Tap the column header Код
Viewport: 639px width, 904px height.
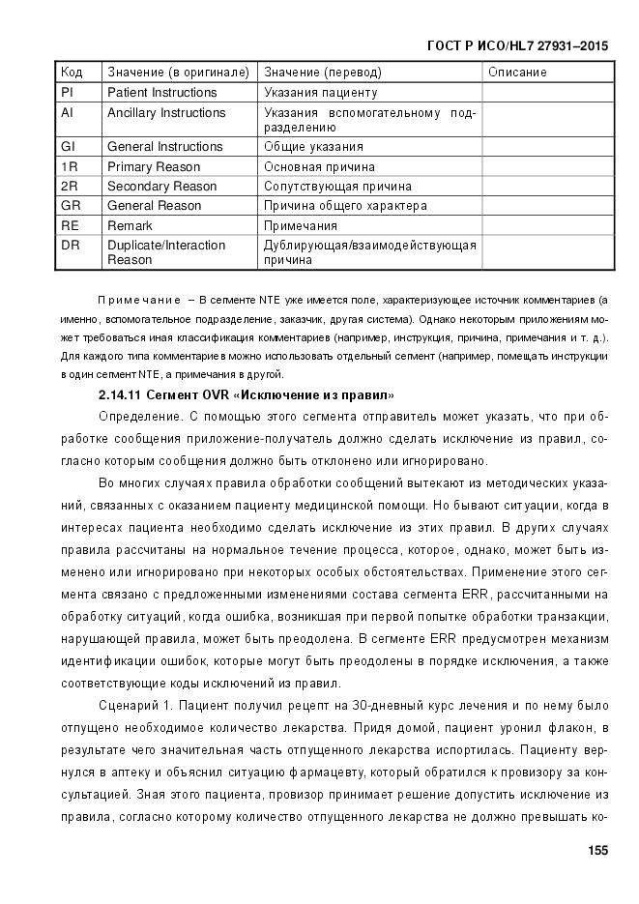[72, 73]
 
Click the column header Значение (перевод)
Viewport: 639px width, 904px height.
[323, 73]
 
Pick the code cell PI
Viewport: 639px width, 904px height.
[67, 93]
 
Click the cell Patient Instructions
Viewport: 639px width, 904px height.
[161, 93]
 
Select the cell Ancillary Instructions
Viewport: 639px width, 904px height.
[165, 113]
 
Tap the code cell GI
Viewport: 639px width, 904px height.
[68, 147]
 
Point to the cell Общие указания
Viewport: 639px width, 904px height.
[313, 147]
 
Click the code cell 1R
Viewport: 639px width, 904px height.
[69, 166]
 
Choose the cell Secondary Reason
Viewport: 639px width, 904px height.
[161, 186]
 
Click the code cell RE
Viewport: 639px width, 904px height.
[70, 225]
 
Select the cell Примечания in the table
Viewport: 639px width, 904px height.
[300, 225]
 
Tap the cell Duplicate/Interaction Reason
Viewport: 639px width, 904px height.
[165, 252]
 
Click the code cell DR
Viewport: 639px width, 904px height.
[70, 246]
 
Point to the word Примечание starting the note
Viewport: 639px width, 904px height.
[133, 301]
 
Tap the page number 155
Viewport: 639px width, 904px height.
[595, 850]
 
